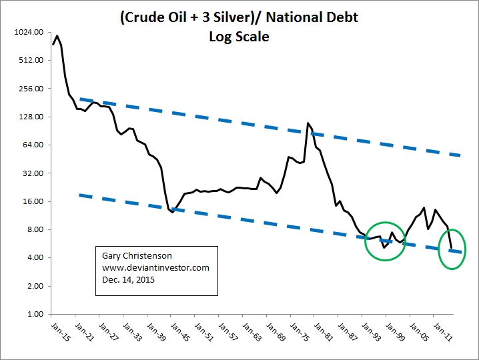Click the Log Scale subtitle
tap(239, 37)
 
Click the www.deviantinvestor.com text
tap(156, 267)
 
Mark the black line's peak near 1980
tap(308, 123)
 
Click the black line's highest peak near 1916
tap(57, 36)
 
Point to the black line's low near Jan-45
tap(172, 212)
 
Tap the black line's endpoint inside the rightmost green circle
tap(452, 248)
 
